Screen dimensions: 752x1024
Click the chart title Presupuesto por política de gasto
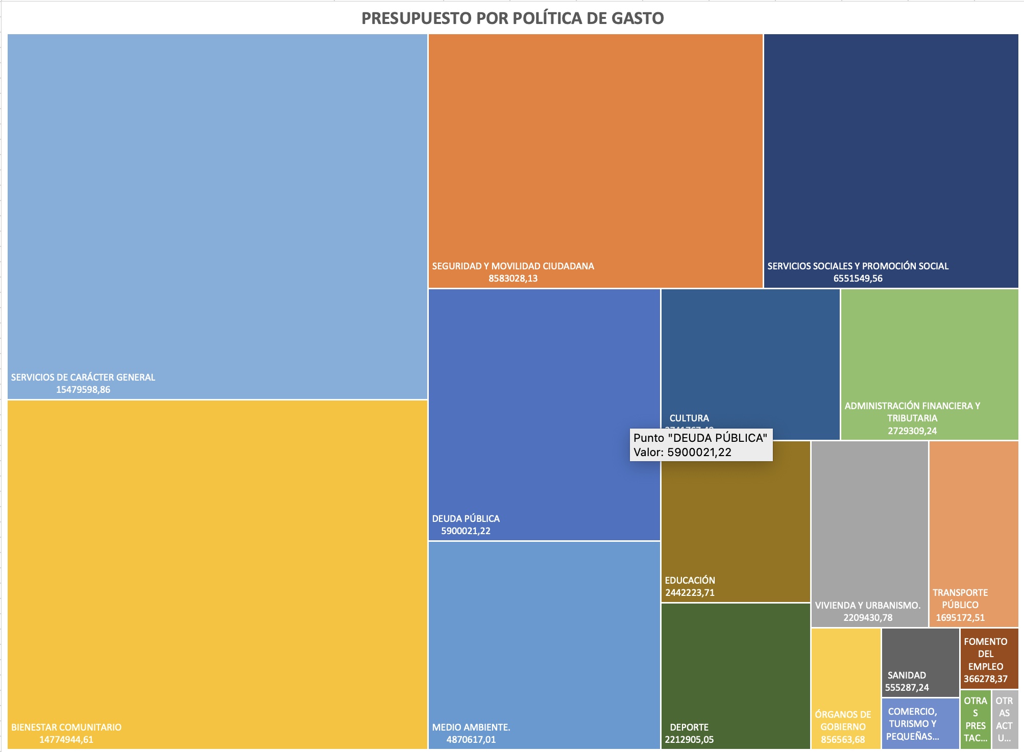tap(512, 18)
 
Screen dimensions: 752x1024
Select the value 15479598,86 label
tap(83, 390)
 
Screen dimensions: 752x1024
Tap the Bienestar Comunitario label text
tap(66, 727)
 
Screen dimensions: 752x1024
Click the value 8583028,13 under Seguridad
tap(513, 279)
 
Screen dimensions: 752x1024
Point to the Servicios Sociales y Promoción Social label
tap(858, 266)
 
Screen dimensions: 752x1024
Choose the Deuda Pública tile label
tap(466, 518)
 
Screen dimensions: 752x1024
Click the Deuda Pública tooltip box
tap(701, 445)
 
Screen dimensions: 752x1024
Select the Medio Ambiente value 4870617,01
tap(471, 740)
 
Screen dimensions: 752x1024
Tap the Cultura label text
tap(689, 418)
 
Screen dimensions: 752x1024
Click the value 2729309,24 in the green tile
tap(912, 431)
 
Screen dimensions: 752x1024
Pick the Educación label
tap(690, 580)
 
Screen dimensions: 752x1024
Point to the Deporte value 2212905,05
tap(689, 740)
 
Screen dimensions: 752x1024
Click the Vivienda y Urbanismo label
tap(868, 605)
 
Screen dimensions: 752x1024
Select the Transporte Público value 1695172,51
tap(960, 617)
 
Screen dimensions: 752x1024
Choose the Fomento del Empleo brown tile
tap(989, 658)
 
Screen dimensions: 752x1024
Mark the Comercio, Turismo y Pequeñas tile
tap(920, 723)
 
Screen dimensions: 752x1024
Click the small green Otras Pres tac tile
tap(975, 719)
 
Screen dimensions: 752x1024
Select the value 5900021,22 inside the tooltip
tap(699, 453)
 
